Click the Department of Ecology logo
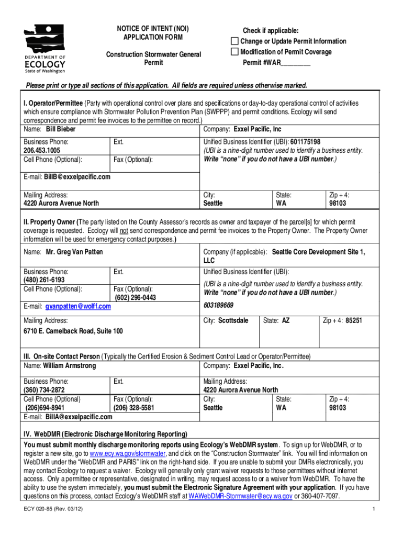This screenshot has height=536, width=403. (45, 48)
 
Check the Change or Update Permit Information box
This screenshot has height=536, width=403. (235, 41)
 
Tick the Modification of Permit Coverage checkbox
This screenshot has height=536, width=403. (235, 52)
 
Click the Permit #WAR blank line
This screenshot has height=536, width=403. (296, 63)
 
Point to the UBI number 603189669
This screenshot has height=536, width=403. (218, 305)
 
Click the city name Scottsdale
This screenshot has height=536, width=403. (233, 320)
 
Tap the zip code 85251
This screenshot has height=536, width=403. (353, 320)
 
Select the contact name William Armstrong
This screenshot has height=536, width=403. (70, 365)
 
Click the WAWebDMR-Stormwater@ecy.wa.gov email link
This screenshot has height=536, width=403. (240, 495)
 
